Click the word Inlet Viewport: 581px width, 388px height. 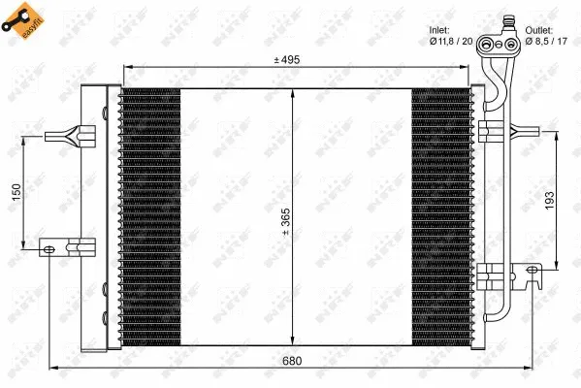[x=439, y=29]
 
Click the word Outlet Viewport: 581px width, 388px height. [x=539, y=29]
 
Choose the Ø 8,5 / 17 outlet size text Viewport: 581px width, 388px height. [x=546, y=41]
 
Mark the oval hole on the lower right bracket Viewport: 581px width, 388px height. [x=531, y=270]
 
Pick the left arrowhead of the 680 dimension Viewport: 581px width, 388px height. [x=53, y=369]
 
